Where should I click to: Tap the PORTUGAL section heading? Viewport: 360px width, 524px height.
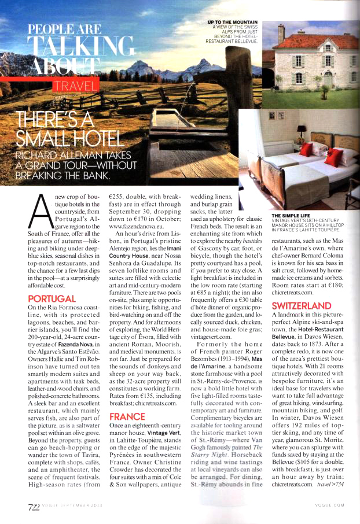[x=51, y=298]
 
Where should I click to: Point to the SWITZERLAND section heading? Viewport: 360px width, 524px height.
[x=301, y=305]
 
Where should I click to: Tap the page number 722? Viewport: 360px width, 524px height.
[x=33, y=507]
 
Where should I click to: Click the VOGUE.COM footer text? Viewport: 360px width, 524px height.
[x=330, y=505]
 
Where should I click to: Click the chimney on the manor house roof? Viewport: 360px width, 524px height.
[x=281, y=34]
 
